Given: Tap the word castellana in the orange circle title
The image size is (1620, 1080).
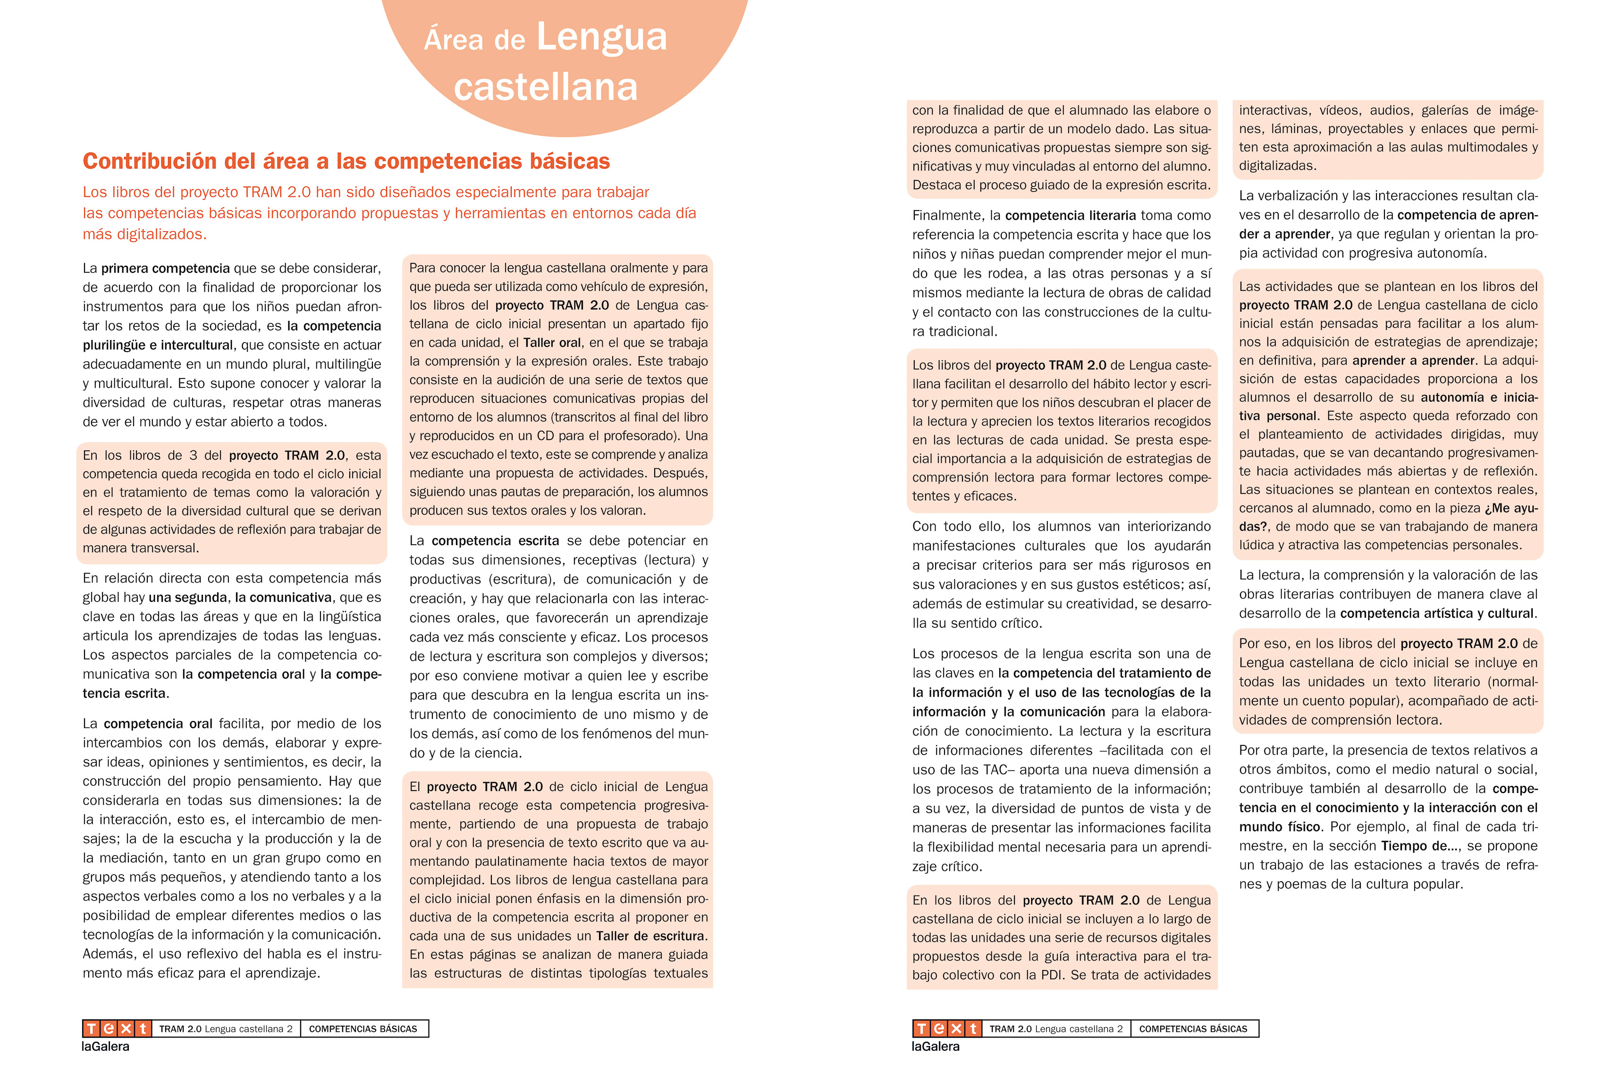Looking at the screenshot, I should pos(546,87).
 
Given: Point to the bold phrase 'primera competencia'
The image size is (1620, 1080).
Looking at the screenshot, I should pos(165,269).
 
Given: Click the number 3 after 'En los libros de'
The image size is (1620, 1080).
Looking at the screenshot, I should pos(194,456).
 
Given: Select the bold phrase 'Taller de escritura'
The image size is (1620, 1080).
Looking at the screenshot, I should pos(650,936).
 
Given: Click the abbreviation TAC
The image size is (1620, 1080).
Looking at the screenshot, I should pos(997,770).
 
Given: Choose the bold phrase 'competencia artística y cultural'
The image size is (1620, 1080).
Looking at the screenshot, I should pos(1437,614).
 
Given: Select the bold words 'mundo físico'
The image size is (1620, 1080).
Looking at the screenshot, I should pos(1279,827).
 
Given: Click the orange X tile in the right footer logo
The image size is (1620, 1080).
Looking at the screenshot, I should pos(956,1029).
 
